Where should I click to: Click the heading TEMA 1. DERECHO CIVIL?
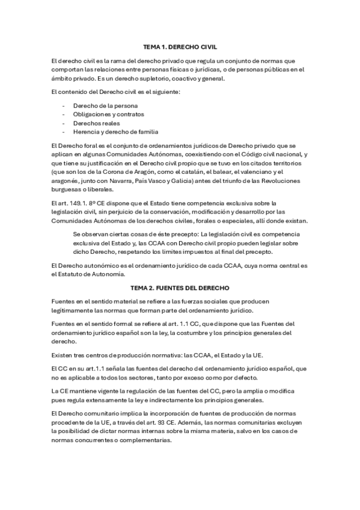click(x=180, y=46)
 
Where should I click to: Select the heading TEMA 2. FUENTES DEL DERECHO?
click(x=180, y=288)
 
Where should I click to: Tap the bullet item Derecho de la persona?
click(x=98, y=105)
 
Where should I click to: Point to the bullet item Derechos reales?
click(x=92, y=123)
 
